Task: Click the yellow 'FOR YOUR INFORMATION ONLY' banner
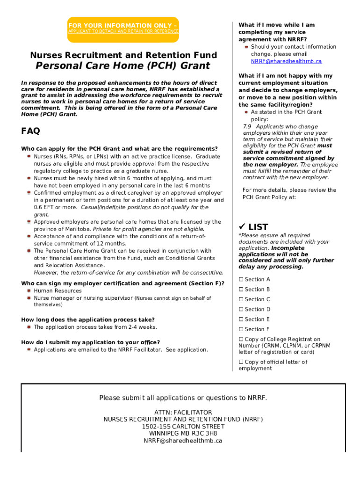click(x=123, y=28)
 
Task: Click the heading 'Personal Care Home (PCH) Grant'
click(x=123, y=66)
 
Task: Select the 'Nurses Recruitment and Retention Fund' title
click(x=123, y=55)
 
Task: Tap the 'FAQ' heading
click(x=30, y=131)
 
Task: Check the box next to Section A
click(x=241, y=280)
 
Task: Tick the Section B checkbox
click(x=241, y=290)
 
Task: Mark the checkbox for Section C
click(x=241, y=299)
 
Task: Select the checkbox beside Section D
click(x=241, y=309)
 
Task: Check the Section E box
click(x=241, y=319)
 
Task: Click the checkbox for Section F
click(x=241, y=329)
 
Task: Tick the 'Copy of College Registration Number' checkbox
click(x=241, y=340)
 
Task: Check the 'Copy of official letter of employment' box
click(x=241, y=362)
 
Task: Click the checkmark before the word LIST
click(x=242, y=227)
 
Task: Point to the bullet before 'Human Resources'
click(x=29, y=290)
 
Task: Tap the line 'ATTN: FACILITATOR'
click(x=183, y=412)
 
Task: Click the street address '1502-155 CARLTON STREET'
click(x=183, y=426)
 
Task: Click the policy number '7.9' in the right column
click(x=248, y=127)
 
